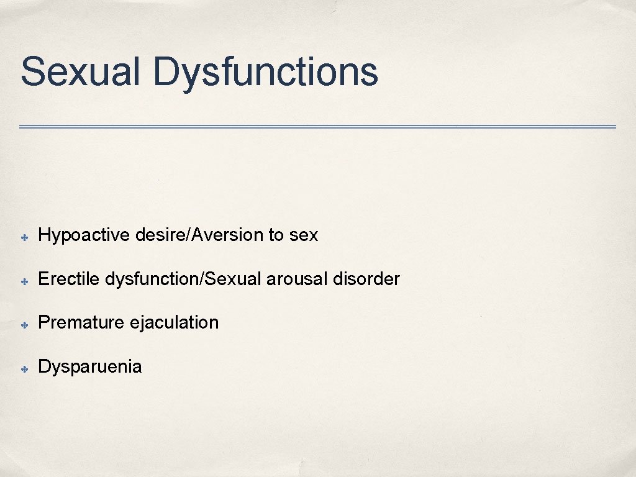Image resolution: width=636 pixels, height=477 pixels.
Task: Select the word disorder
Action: click(x=366, y=279)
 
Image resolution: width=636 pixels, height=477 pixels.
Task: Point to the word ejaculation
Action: click(x=175, y=322)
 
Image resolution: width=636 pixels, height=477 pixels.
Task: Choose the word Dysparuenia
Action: click(x=90, y=366)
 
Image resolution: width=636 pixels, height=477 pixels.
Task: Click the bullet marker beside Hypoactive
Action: click(x=23, y=237)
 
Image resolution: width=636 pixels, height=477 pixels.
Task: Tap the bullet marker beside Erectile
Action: click(x=23, y=280)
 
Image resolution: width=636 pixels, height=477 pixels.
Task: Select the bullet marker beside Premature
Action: click(x=23, y=324)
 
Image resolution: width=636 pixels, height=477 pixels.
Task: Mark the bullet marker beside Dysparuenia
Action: click(x=23, y=368)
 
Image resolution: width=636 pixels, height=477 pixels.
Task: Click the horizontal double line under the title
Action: click(x=317, y=127)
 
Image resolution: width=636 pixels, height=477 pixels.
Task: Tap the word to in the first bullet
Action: click(x=276, y=235)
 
